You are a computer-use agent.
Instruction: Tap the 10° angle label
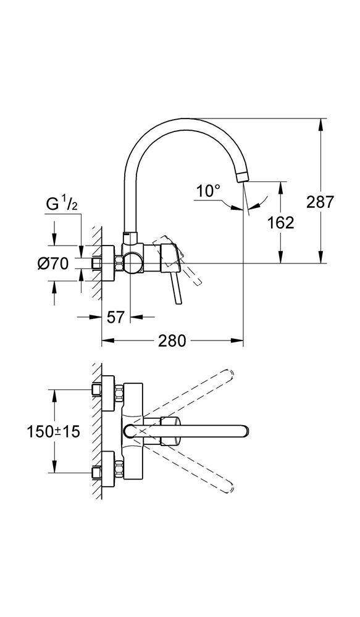209,191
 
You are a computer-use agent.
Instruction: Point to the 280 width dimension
172,341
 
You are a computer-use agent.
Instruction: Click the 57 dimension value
115,317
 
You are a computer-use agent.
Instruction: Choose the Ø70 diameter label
52,263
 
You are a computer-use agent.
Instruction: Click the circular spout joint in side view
132,263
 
